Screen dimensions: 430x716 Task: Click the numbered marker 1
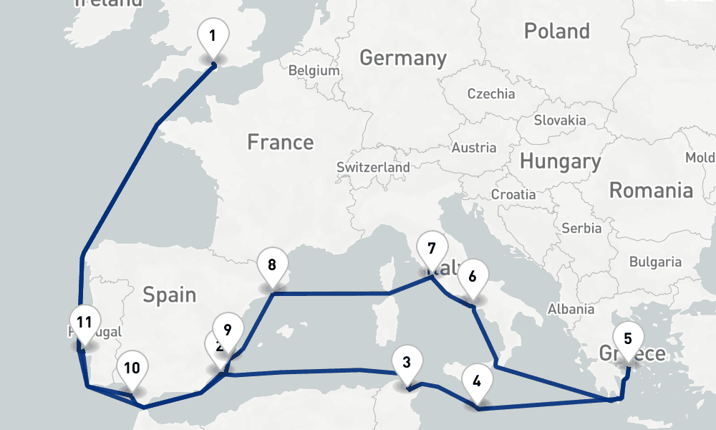[x=213, y=36]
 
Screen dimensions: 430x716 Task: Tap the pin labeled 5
[x=628, y=338]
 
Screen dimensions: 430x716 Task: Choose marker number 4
[x=478, y=381]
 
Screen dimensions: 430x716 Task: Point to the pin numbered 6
[x=472, y=277]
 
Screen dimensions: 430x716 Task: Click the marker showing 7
[x=431, y=249]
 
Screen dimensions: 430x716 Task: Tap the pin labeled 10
[x=132, y=369]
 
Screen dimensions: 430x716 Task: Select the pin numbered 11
[x=84, y=322]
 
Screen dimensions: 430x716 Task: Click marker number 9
[x=227, y=330]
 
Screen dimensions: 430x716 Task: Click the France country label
[x=280, y=142]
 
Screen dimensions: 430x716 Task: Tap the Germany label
[x=402, y=57]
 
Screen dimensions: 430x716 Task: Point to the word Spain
[x=169, y=294]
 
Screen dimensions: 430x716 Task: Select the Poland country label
[x=556, y=31]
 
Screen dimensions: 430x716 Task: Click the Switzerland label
[x=373, y=167]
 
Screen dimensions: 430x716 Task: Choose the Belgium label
[x=314, y=70]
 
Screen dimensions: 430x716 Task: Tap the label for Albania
[x=571, y=309]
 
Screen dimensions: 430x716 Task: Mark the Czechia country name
[x=490, y=93]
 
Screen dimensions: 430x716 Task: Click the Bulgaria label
[x=655, y=262]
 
